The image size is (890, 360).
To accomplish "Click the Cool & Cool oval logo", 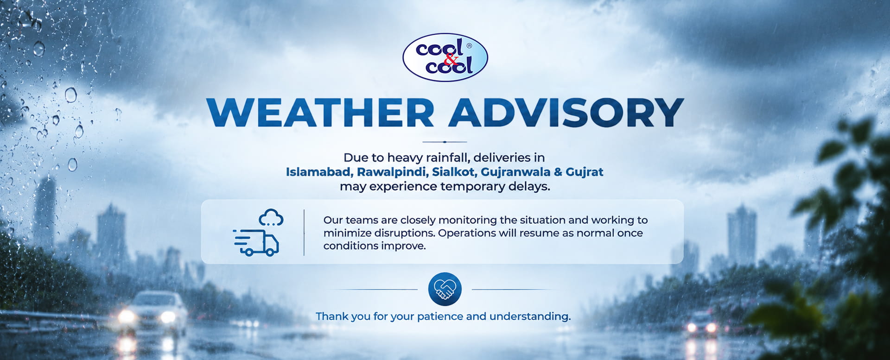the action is [445, 57].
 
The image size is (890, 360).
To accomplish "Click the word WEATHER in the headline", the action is [320, 113].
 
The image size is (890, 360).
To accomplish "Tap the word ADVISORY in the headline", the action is [566, 113].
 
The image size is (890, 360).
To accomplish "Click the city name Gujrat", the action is [585, 172].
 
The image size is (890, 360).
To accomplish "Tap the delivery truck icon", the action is [256, 242].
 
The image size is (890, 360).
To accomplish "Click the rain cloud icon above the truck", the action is [271, 218].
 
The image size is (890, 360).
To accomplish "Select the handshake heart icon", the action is [445, 289].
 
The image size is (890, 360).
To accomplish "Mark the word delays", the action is [530, 186].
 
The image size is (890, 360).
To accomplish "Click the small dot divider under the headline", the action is [445, 142].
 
